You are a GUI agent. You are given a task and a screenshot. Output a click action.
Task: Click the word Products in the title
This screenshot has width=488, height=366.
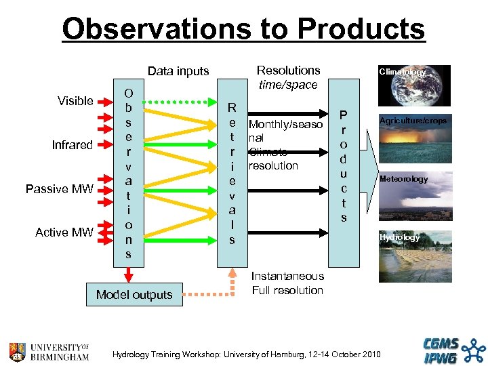pos(361,29)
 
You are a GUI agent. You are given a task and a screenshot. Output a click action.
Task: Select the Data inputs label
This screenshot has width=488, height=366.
pos(178,71)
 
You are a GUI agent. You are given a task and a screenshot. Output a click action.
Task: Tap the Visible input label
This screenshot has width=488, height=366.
pos(75,101)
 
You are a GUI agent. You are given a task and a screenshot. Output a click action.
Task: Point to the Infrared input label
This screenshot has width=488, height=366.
pos(72,145)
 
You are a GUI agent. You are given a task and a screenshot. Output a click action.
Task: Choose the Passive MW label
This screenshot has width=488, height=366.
pos(59,189)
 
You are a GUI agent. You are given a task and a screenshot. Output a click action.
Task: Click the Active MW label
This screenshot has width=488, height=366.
pos(64,232)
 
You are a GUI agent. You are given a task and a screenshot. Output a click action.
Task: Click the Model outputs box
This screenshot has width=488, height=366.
pos(134,294)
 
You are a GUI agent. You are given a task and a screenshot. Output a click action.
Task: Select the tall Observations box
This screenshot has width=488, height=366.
pos(128,174)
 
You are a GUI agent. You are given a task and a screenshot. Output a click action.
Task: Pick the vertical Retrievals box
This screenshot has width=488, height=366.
pos(232,174)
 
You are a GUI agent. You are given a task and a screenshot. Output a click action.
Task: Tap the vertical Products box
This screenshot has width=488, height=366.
pos(344,174)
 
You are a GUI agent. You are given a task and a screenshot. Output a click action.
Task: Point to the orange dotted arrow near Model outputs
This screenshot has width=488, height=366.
pos(203,295)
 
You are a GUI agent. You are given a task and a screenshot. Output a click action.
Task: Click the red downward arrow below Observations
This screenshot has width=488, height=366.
pos(128,275)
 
